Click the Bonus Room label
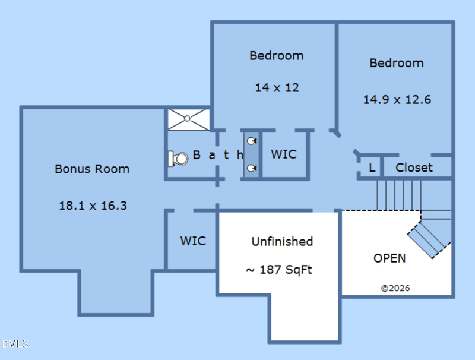92,169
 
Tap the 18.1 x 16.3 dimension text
93,206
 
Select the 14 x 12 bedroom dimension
277,87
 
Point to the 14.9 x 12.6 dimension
397,99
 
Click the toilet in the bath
177,159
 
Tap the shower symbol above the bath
188,119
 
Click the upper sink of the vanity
252,141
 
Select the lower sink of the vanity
252,168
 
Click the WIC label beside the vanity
284,154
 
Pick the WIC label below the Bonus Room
193,241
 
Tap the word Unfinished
282,242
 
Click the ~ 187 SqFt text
279,270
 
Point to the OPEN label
389,258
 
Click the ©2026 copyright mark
395,289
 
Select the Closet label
414,168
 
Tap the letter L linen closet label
372,168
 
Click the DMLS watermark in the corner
14,343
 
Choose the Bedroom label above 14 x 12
276,56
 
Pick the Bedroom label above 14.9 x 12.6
397,63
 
